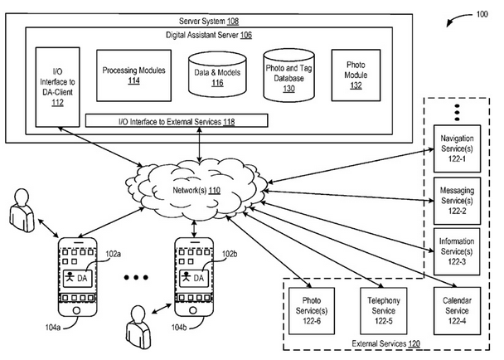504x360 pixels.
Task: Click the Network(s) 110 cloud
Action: click(x=199, y=190)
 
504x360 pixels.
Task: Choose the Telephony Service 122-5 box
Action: click(x=383, y=309)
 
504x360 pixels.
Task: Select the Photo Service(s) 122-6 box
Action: click(x=312, y=309)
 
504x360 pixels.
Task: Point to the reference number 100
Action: click(x=482, y=14)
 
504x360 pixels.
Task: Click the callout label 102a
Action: click(x=114, y=254)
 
